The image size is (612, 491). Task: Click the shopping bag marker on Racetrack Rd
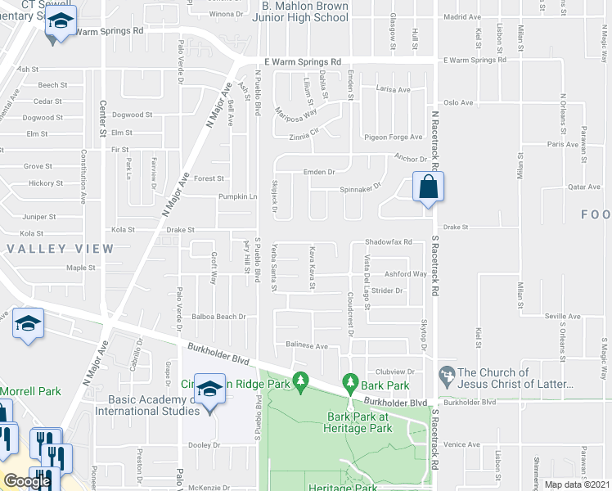tap(428, 187)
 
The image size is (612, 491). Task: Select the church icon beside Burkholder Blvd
tap(447, 376)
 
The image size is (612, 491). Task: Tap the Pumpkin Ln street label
tap(237, 196)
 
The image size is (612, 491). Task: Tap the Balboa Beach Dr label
tap(219, 317)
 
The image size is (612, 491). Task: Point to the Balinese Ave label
tap(307, 347)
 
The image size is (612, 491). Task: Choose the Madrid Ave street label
tap(462, 16)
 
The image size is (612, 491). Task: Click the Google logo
tap(27, 481)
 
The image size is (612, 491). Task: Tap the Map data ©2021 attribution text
tap(577, 484)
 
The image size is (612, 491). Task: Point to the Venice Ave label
tap(462, 444)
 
